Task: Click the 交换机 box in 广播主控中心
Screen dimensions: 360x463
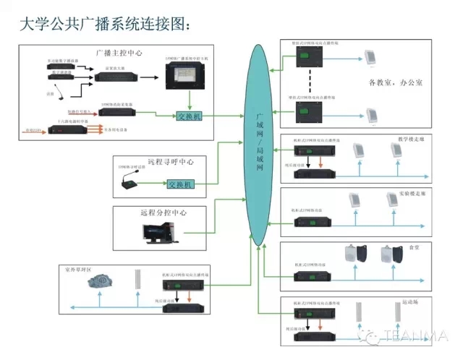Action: click(x=190, y=116)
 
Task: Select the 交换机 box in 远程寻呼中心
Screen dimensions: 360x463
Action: click(x=180, y=184)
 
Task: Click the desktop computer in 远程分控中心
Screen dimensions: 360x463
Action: click(x=157, y=232)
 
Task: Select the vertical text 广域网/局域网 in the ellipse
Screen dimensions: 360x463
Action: click(x=260, y=144)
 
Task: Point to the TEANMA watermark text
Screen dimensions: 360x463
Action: click(x=419, y=335)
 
